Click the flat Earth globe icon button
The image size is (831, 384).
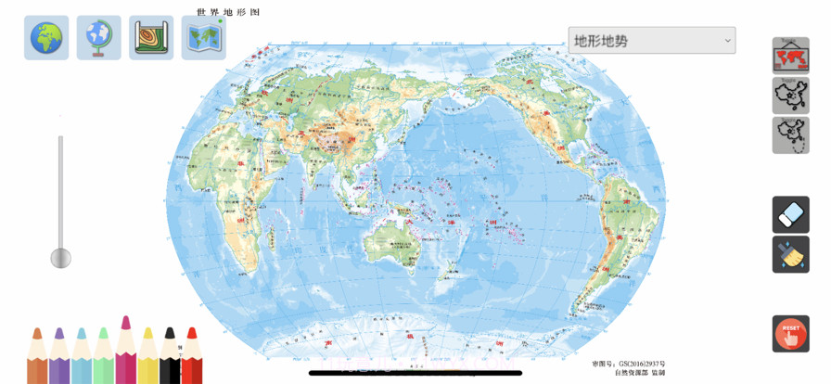click(46, 38)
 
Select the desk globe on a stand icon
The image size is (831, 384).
click(98, 38)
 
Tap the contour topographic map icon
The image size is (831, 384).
click(151, 38)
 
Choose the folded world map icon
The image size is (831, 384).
click(203, 38)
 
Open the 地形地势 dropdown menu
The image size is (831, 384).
click(651, 41)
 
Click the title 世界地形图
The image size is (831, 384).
click(228, 12)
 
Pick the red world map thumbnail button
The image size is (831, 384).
click(790, 57)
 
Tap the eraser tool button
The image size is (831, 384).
click(790, 215)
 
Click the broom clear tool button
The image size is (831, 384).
click(790, 254)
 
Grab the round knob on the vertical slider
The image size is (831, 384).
click(60, 258)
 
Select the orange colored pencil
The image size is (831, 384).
click(37, 358)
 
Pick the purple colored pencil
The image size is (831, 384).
click(59, 358)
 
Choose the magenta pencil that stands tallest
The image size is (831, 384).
click(125, 352)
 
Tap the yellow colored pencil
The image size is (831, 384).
click(147, 358)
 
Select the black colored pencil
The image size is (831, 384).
click(170, 358)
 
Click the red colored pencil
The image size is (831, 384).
click(192, 358)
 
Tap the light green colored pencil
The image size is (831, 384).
click(103, 358)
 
